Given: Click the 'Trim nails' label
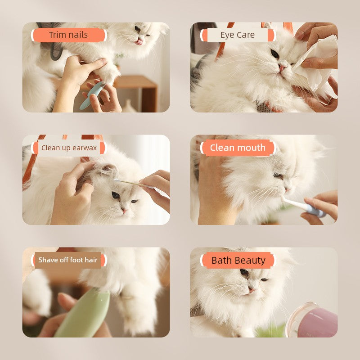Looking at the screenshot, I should pos(68,35).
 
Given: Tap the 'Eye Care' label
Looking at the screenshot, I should pos(237,35).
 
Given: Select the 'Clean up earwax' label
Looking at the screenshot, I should pos(69,148).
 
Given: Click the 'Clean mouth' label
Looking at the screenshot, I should pos(238,148).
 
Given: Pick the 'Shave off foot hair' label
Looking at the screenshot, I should pos(68,260).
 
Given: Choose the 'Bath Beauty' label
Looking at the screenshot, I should pos(238,260).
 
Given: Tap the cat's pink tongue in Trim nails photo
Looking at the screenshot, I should pos(139,42).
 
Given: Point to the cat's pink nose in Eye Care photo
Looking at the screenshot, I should pos(282,67).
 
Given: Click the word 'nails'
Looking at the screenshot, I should pos(78,35).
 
